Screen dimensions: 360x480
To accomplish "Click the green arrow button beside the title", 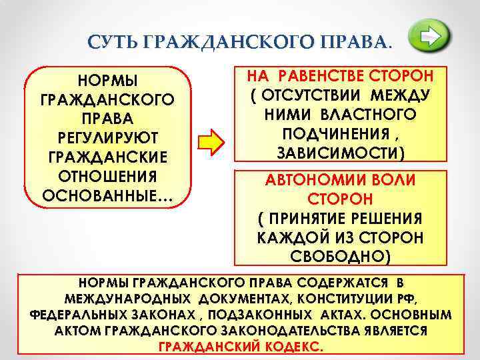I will tap(429, 37).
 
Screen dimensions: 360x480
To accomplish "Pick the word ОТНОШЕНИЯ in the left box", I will tap(108, 178).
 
